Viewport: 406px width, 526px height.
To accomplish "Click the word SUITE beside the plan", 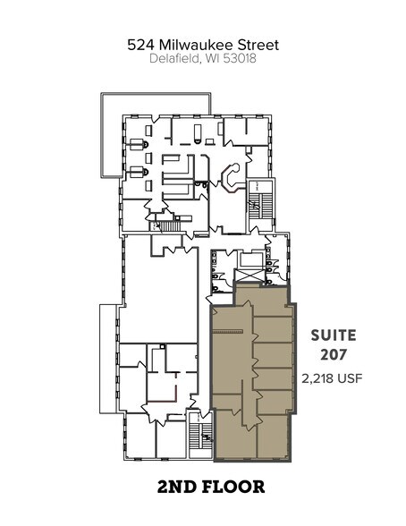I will (x=333, y=335).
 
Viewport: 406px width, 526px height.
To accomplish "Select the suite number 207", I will (x=333, y=355).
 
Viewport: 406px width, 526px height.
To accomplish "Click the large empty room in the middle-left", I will (x=159, y=286).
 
